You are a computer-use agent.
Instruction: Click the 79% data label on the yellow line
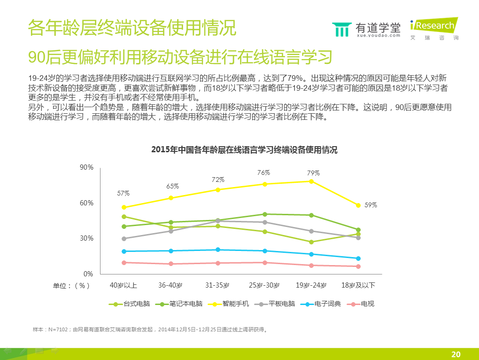point(313,173)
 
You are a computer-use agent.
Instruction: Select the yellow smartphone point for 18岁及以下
point(358,205)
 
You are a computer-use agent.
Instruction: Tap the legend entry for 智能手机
point(229,304)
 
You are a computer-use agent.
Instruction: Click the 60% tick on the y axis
point(86,203)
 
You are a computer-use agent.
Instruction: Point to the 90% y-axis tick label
point(86,167)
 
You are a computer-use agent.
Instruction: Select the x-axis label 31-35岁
point(217,285)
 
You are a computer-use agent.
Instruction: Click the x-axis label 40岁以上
point(124,285)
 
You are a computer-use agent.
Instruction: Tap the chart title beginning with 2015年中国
point(244,150)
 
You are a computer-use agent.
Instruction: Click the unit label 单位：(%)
point(71,285)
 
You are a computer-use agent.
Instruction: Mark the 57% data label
point(124,193)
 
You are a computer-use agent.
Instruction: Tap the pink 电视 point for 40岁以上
point(124,263)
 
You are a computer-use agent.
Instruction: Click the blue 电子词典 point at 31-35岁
point(218,250)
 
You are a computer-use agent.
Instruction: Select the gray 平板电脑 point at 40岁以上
point(124,239)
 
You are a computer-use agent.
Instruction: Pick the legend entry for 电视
point(362,304)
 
